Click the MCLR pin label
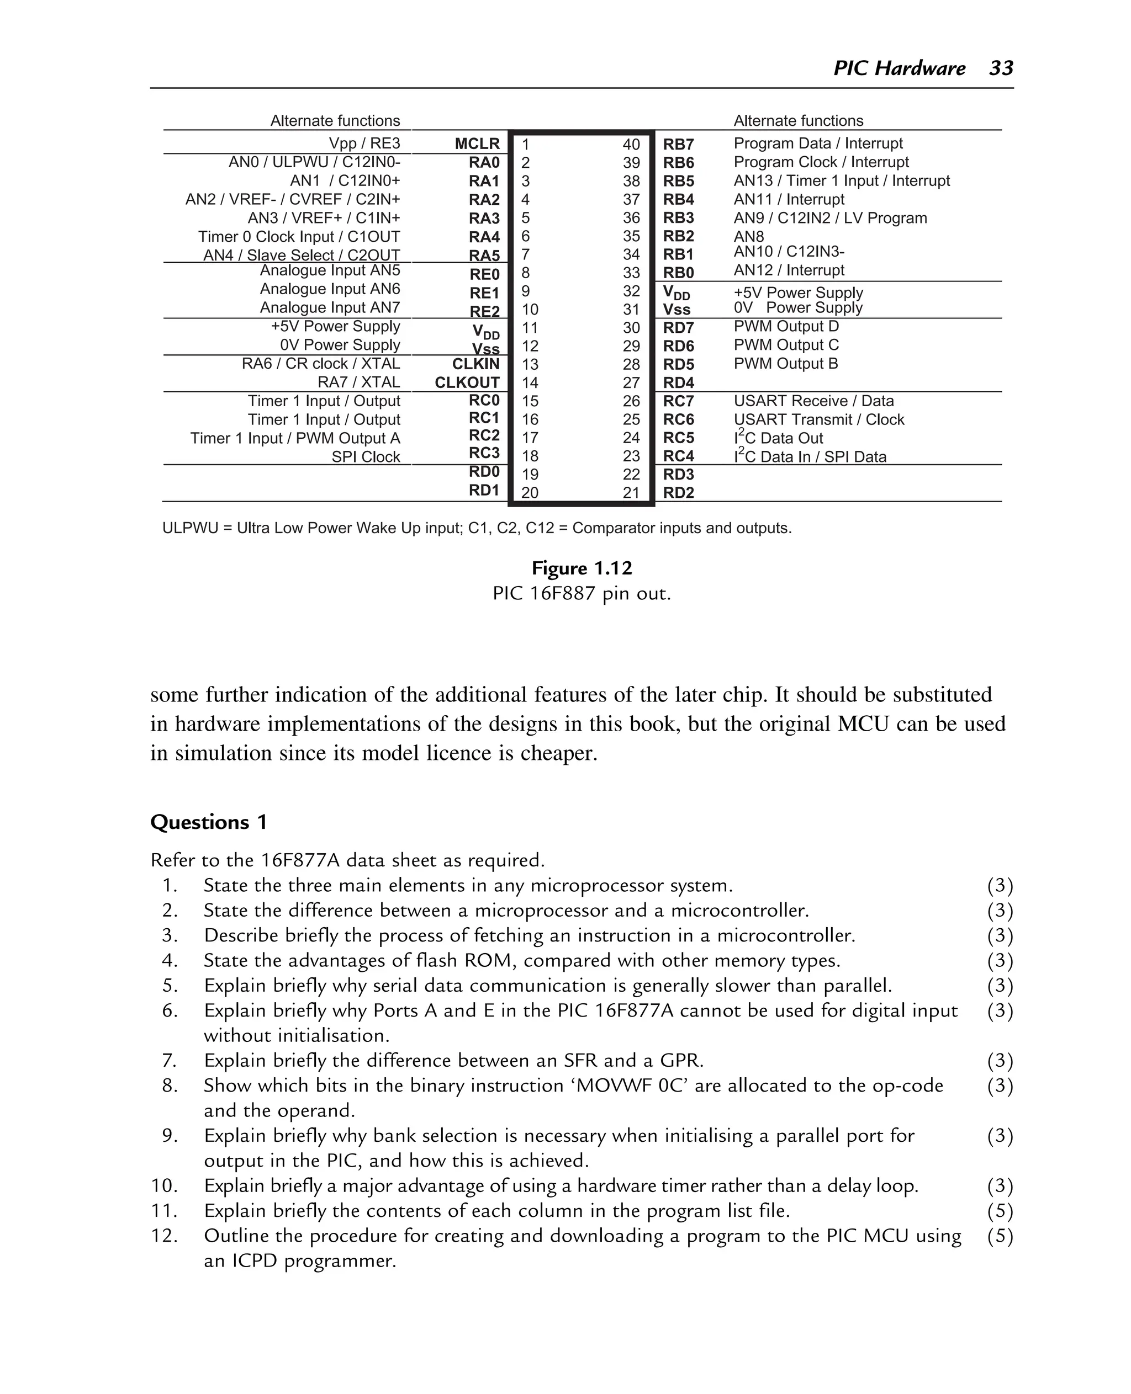coord(477,144)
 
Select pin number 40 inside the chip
coord(631,145)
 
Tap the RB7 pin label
coord(678,145)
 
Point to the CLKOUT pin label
coord(467,383)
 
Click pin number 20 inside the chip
coord(530,493)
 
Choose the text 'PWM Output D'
coord(786,326)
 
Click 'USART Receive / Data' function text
coord(813,401)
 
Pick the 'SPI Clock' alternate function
coord(366,457)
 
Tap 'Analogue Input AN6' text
coord(330,289)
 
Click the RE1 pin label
coord(484,293)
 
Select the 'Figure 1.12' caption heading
coord(581,568)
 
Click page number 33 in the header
coord(1001,68)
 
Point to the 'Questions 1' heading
coord(209,822)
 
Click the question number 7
coord(170,1061)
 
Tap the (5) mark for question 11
coord(1000,1211)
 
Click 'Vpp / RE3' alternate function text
coord(364,144)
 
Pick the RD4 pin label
coord(678,383)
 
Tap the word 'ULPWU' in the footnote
coord(189,528)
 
